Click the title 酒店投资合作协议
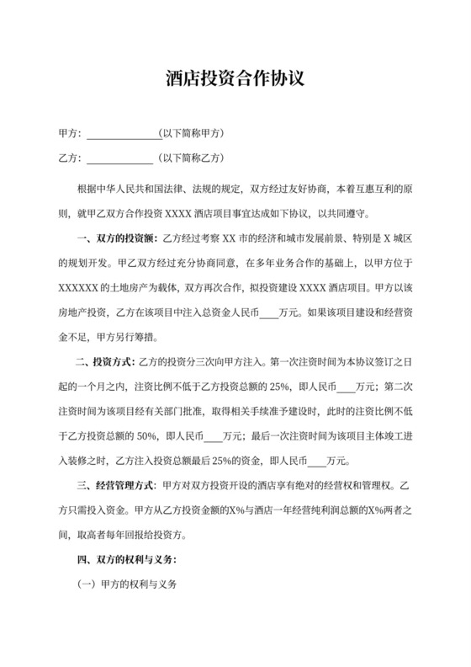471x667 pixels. (235, 80)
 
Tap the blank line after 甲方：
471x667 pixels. (121, 134)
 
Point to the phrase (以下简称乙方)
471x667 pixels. (192, 157)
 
